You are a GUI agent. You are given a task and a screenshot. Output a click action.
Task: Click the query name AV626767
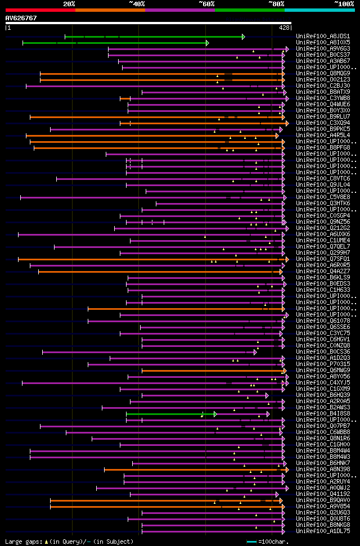point(21,18)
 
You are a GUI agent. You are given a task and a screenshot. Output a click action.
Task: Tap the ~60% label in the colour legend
point(206,3)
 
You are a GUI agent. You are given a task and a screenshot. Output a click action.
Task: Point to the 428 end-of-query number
point(284,27)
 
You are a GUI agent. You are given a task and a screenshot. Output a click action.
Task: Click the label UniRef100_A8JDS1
point(323,37)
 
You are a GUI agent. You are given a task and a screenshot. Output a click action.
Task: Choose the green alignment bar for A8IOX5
point(115,43)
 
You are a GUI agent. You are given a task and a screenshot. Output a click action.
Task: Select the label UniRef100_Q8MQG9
point(323,74)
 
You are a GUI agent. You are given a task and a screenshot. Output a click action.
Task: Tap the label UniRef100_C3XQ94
point(323,123)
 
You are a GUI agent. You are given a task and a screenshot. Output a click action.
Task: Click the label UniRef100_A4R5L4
point(323,136)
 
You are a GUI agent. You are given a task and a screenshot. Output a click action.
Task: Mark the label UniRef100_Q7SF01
point(323,259)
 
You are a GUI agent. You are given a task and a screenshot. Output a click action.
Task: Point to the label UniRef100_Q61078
point(323,321)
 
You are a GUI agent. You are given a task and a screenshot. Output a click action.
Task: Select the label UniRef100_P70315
point(323,364)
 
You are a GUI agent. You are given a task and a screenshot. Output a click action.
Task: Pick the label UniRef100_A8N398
point(323,470)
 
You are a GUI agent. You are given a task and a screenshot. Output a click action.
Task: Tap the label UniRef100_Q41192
point(323,494)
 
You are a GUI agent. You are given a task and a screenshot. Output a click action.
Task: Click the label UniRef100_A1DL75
point(323,531)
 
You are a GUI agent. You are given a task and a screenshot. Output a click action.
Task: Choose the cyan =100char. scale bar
point(252,542)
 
